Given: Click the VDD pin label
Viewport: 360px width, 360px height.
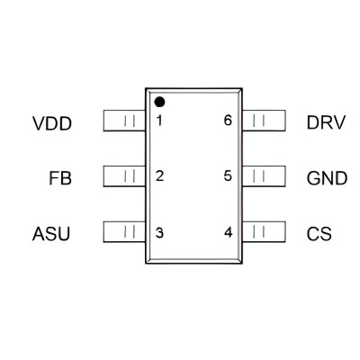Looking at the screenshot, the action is tap(52, 123).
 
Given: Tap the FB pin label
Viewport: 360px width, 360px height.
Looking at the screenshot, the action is tap(60, 178).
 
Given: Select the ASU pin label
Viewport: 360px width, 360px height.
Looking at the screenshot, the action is tap(51, 234).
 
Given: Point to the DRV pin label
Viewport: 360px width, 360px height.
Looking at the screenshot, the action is tap(327, 122).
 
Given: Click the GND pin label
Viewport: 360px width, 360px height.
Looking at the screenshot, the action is tap(327, 178).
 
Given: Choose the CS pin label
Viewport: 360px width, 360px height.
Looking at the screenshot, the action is tap(319, 234).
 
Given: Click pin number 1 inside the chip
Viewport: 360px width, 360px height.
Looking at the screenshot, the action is tap(159, 121).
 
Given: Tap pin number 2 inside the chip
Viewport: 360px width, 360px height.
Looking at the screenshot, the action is tap(159, 175).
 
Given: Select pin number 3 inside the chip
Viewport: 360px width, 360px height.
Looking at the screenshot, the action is tap(159, 233).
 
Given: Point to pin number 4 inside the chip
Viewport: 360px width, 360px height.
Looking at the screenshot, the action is tap(229, 232).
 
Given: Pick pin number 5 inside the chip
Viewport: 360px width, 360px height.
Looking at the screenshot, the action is tap(228, 175).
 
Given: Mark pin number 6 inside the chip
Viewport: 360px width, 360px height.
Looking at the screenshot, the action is tap(228, 121).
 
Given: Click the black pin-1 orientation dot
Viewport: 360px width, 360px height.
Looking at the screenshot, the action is tap(159, 102).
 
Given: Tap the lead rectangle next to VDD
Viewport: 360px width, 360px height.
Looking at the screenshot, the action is tap(124, 121).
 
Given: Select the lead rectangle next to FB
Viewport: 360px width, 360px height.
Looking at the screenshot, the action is tap(124, 176).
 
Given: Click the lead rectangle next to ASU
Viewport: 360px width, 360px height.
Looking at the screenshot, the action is tap(124, 231).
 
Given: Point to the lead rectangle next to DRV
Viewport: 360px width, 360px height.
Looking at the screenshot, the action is tap(264, 121).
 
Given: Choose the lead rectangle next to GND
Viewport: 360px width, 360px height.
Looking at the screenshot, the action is tap(264, 176).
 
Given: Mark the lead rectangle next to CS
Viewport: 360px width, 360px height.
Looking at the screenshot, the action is tap(264, 231).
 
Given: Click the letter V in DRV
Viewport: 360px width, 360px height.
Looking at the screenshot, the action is tap(339, 122).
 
